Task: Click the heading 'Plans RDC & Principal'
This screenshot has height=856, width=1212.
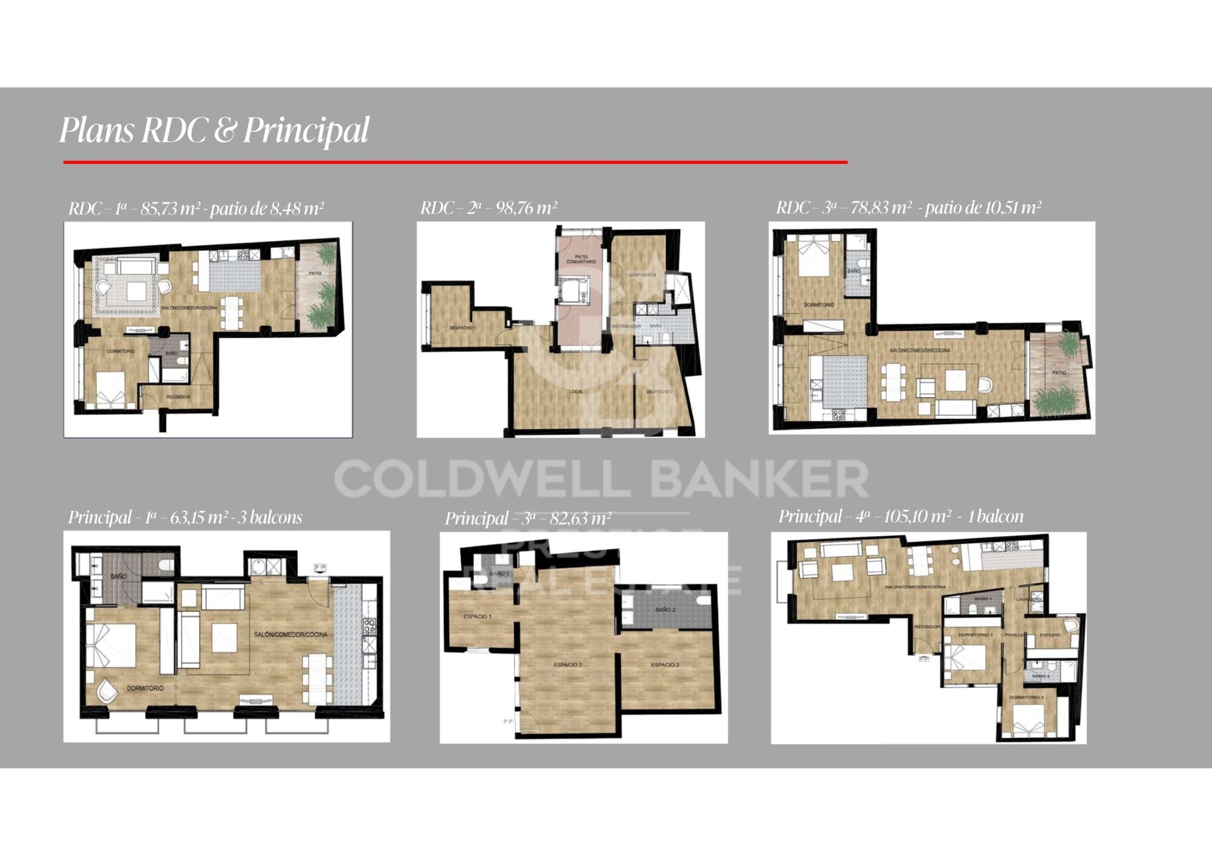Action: click(x=213, y=130)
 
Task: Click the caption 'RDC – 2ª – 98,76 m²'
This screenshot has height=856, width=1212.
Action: click(x=488, y=208)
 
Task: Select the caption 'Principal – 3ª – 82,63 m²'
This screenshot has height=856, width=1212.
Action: click(x=527, y=519)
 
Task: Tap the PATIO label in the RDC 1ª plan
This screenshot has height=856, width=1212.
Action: click(x=315, y=273)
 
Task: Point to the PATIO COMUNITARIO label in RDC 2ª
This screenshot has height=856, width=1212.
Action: click(x=581, y=259)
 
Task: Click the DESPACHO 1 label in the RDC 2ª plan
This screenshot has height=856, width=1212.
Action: click(x=462, y=328)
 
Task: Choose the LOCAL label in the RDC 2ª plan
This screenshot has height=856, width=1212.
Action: click(x=576, y=391)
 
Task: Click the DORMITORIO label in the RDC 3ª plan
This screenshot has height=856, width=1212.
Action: click(x=819, y=305)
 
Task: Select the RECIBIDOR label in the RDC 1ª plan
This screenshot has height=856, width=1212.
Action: click(x=178, y=397)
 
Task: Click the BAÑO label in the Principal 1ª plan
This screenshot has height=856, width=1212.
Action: click(x=118, y=577)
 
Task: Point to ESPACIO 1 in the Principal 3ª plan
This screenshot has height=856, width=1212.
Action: click(x=477, y=617)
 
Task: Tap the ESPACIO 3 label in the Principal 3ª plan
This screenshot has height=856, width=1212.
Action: click(x=665, y=665)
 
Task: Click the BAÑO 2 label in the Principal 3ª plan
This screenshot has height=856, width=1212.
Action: click(x=665, y=609)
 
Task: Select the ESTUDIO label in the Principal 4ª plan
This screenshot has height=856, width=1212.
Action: click(x=1050, y=634)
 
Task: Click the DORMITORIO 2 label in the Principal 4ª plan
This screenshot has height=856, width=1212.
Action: click(x=1026, y=697)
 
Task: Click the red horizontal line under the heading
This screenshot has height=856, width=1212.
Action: click(x=454, y=162)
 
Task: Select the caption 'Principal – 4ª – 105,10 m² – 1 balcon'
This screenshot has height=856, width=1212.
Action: click(x=901, y=517)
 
